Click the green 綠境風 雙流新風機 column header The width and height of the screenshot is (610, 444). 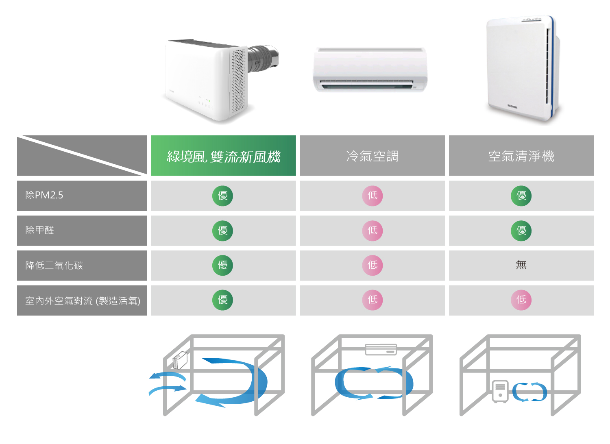pyautogui.click(x=223, y=156)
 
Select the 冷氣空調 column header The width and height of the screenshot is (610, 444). pyautogui.click(x=372, y=156)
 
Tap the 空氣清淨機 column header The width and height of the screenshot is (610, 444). pyautogui.click(x=521, y=156)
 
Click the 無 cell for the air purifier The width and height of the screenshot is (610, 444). pyautogui.click(x=521, y=266)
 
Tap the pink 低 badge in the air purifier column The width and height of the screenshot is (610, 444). pyautogui.click(x=521, y=300)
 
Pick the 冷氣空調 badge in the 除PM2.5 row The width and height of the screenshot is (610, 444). pyautogui.click(x=372, y=196)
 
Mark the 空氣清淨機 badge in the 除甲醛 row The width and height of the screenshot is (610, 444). pyautogui.click(x=521, y=231)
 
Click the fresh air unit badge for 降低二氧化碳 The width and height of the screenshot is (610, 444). pyautogui.click(x=222, y=266)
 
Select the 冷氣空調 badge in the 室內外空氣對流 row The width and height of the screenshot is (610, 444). pyautogui.click(x=372, y=300)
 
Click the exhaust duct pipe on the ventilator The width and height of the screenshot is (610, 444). pyautogui.click(x=264, y=57)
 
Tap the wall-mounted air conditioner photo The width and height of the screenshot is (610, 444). pyautogui.click(x=370, y=69)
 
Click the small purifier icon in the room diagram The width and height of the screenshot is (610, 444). pyautogui.click(x=500, y=391)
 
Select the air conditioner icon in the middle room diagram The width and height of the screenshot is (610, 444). pyautogui.click(x=381, y=349)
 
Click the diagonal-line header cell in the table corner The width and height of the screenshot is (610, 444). pyautogui.click(x=82, y=156)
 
